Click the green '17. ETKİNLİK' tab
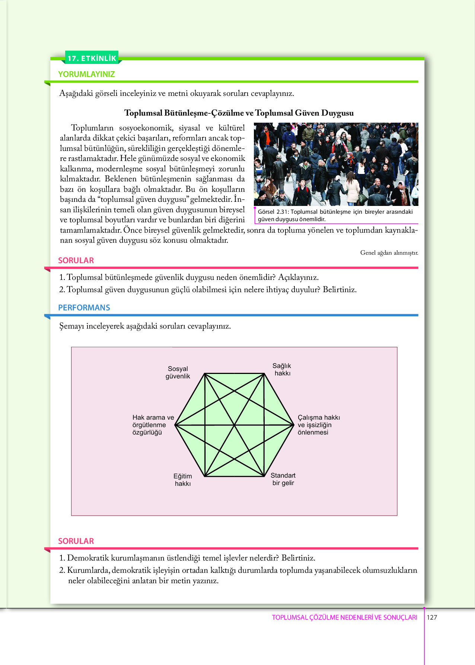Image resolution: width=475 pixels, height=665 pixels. [92, 58]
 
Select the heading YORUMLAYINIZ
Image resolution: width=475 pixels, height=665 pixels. [86, 74]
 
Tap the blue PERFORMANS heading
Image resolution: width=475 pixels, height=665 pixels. [84, 307]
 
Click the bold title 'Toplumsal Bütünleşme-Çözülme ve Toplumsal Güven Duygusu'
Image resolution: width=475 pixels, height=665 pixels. [239, 113]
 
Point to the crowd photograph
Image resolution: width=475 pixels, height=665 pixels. [336, 164]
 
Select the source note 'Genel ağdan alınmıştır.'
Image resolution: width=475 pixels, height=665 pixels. [389, 253]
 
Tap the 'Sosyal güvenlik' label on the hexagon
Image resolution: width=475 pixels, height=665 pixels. [178, 372]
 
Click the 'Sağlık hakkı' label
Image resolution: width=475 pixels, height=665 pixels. [282, 369]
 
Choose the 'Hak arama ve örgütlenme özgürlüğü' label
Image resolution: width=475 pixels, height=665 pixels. [153, 425]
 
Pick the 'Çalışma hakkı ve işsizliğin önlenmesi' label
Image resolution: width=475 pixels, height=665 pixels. [319, 425]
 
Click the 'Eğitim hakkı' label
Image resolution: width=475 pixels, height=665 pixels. [183, 480]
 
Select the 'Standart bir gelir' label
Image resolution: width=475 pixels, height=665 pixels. [283, 479]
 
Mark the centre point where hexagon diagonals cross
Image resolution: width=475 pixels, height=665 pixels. [235, 425]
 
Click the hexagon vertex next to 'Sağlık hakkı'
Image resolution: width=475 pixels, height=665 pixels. [264, 374]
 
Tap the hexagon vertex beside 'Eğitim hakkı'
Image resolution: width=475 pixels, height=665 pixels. [205, 476]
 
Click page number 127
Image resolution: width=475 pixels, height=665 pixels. [432, 617]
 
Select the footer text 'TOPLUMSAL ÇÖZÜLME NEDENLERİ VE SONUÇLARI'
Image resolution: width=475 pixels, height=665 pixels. [344, 617]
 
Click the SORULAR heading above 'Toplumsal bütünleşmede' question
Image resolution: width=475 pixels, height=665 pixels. [76, 260]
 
